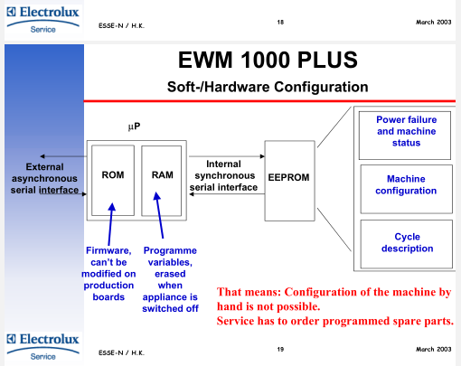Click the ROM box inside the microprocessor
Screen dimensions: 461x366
click(x=113, y=180)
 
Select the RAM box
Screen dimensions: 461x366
click(x=162, y=181)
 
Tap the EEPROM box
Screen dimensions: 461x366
click(x=289, y=181)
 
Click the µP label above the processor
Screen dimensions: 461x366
click(x=134, y=127)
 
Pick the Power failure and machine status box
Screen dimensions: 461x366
click(x=405, y=136)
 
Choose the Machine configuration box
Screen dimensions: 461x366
click(x=406, y=189)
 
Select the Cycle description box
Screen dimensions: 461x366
click(x=406, y=244)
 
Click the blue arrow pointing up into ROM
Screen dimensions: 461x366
click(x=110, y=224)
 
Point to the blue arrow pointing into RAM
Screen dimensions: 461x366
click(x=159, y=215)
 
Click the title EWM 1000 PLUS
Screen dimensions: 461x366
click(x=268, y=60)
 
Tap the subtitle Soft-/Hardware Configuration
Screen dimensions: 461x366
click(x=268, y=87)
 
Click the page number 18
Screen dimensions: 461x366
click(x=280, y=22)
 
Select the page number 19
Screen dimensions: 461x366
click(x=280, y=349)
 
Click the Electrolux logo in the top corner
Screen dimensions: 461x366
click(x=43, y=20)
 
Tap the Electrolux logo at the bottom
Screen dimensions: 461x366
click(x=43, y=347)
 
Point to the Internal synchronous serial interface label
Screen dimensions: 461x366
click(x=223, y=175)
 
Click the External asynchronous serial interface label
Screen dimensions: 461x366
click(x=44, y=178)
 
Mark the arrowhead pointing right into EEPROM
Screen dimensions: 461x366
click(x=262, y=156)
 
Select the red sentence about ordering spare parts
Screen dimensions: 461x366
click(x=335, y=321)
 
